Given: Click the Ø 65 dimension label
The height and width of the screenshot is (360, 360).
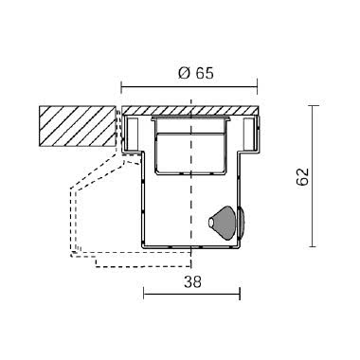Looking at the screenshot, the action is (x=196, y=73).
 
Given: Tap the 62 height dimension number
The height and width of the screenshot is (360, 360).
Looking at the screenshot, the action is (x=302, y=176).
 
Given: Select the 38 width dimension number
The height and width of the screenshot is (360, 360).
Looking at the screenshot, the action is (x=192, y=281).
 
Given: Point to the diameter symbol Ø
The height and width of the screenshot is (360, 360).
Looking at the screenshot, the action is (x=184, y=73).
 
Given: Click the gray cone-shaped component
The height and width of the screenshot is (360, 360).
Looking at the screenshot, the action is (x=224, y=223).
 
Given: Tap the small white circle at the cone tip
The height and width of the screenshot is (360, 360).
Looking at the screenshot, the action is (x=211, y=224).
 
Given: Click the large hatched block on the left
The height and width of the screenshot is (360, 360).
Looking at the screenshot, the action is (x=77, y=126).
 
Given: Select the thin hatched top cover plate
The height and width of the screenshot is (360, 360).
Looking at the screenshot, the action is (x=190, y=111).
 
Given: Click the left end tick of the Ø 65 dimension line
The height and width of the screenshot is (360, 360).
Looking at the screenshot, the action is (x=122, y=87).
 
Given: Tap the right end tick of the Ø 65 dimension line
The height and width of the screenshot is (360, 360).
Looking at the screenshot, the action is (x=258, y=87).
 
